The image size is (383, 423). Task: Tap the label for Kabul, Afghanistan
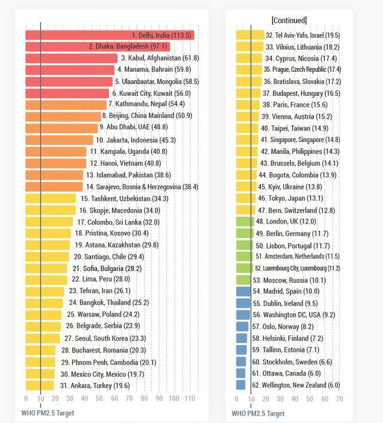point(160,58)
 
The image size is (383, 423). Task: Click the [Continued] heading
point(289,20)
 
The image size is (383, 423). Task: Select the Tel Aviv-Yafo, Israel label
point(303,35)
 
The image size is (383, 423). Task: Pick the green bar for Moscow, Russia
point(244,280)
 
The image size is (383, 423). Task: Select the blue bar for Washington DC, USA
point(243,315)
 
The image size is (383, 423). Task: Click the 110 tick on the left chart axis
point(189,398)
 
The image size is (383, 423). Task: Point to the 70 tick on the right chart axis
point(339,398)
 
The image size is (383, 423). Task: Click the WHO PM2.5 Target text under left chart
point(48,413)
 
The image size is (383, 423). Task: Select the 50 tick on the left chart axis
point(100,398)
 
